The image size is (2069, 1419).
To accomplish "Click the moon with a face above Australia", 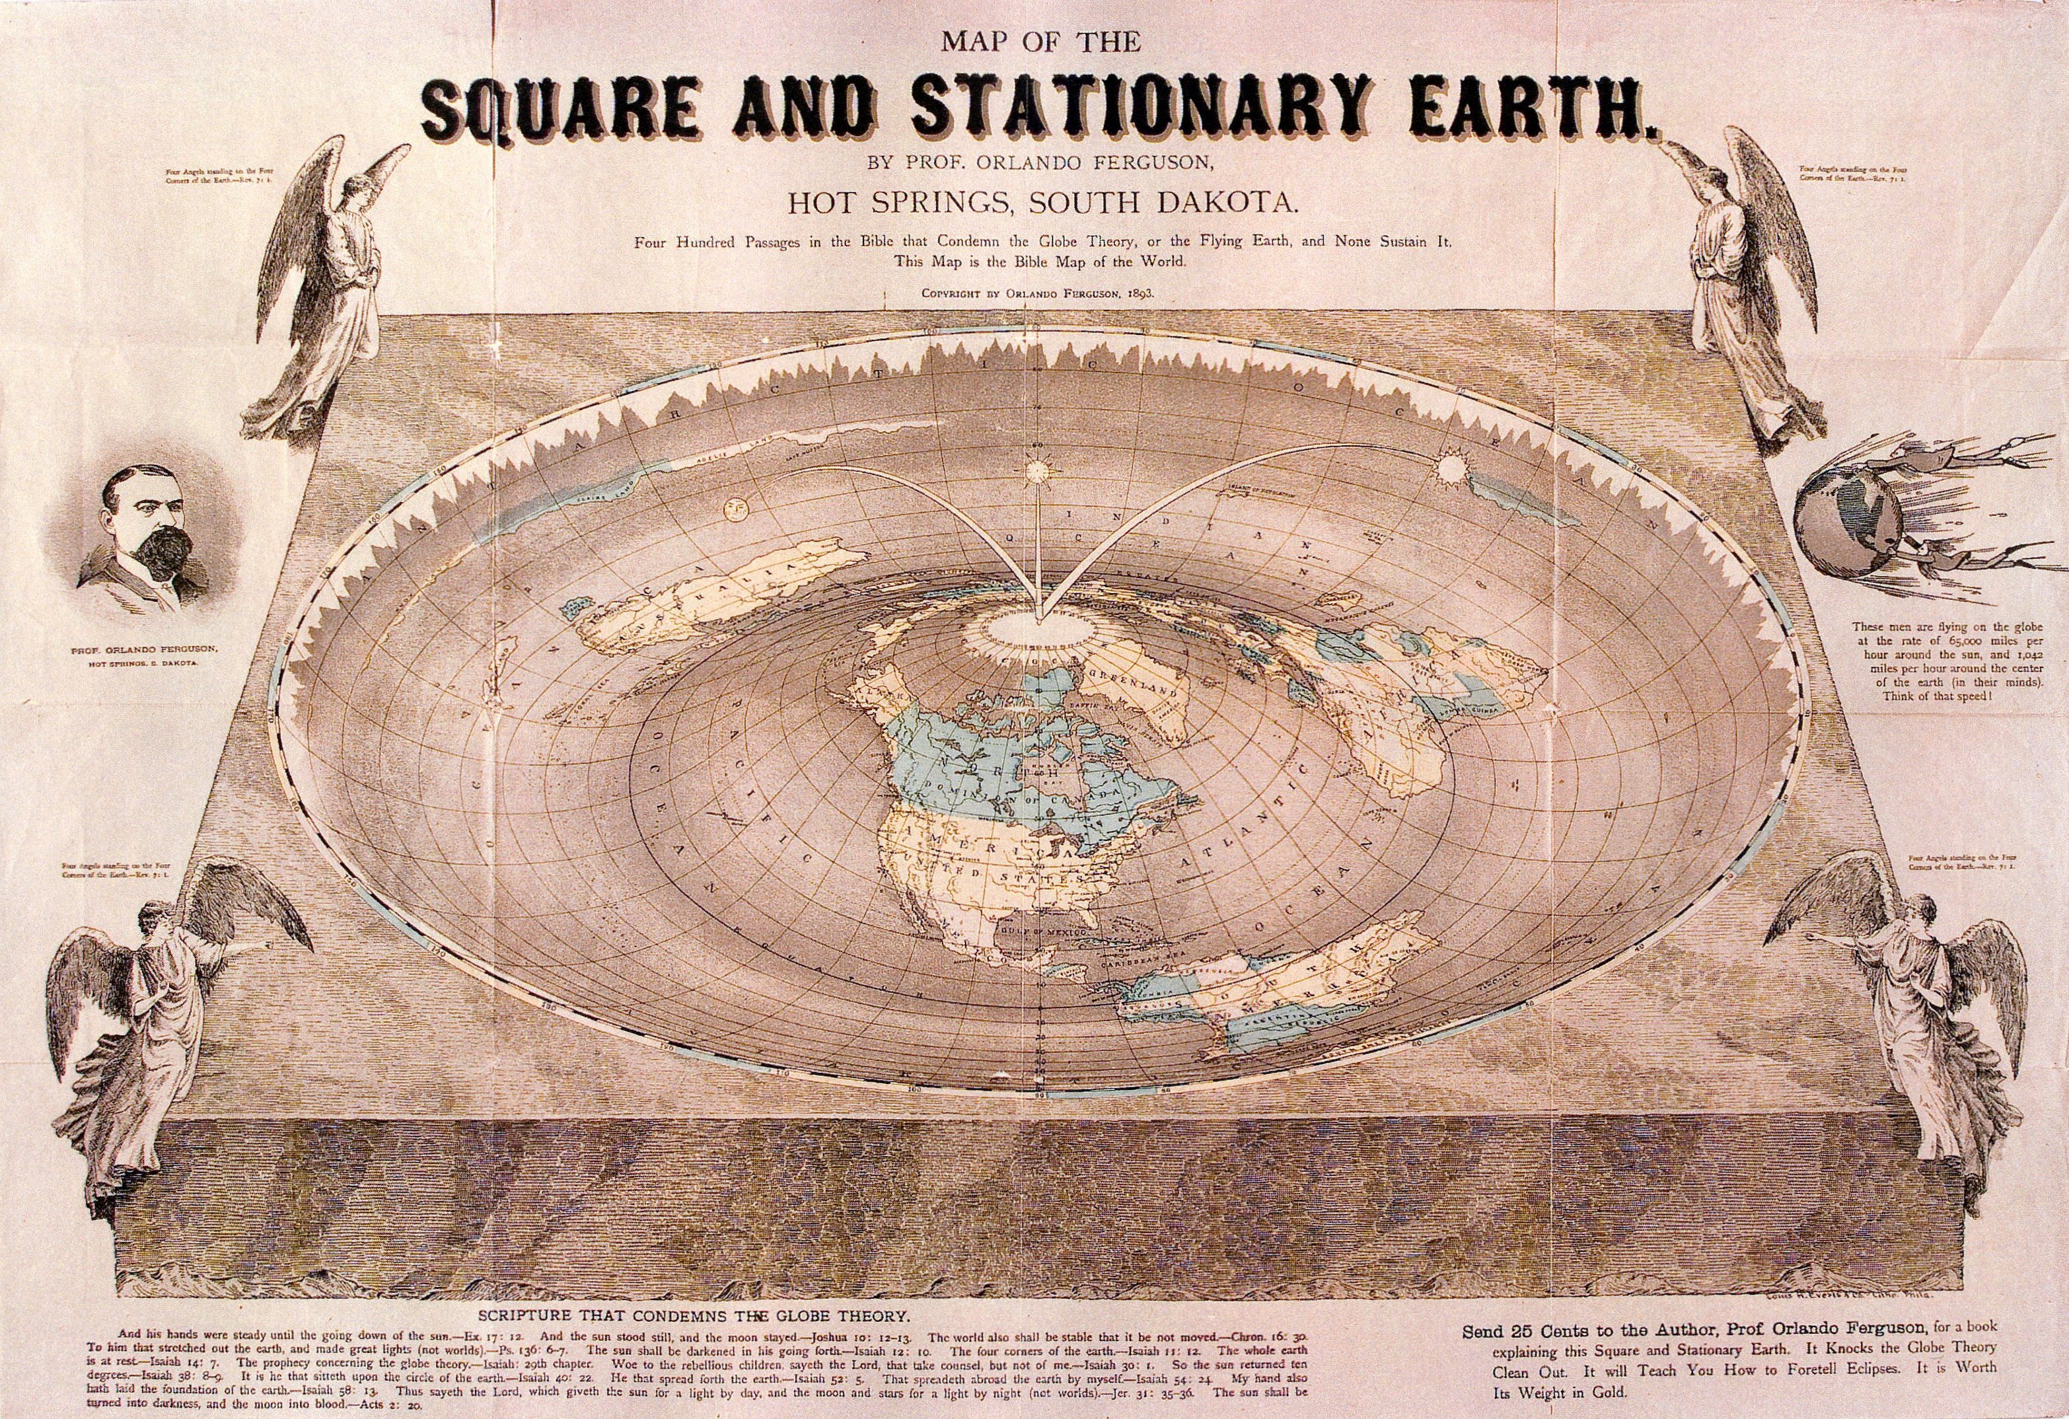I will (738, 510).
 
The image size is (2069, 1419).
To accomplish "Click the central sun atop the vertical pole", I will (1037, 468).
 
